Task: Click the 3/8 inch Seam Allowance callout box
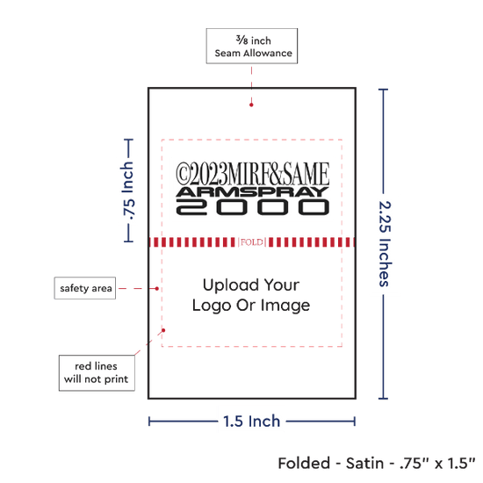[x=252, y=46]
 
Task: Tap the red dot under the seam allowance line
[x=251, y=105]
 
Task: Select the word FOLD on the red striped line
[x=252, y=242]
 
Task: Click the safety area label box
[x=85, y=288]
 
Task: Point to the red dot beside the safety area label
[x=157, y=289]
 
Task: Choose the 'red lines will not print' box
[x=97, y=372]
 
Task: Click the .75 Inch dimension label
[x=128, y=191]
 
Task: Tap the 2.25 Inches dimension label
[x=385, y=244]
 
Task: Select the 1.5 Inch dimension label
[x=252, y=421]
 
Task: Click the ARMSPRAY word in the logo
[x=253, y=192]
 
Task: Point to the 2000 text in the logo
[x=253, y=207]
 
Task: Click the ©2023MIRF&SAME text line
[x=253, y=174]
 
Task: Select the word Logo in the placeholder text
[x=212, y=306]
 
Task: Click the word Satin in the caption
[x=364, y=464]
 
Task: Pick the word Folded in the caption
[x=304, y=464]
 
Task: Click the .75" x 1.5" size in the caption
[x=437, y=464]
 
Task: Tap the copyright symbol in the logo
[x=182, y=174]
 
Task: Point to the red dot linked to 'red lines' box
[x=163, y=330]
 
